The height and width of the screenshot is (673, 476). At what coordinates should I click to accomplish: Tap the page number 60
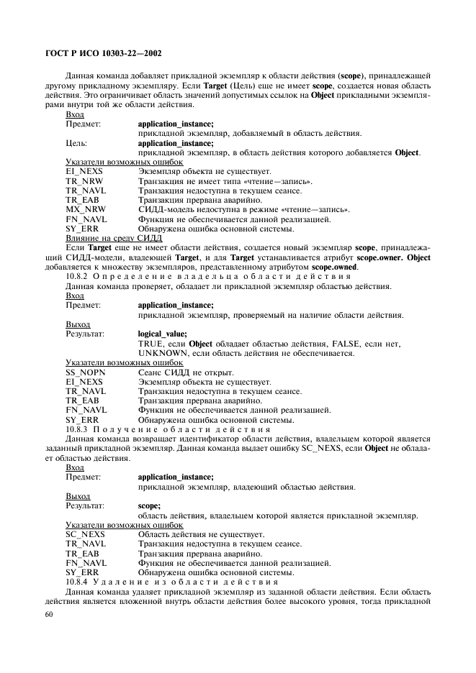click(48, 615)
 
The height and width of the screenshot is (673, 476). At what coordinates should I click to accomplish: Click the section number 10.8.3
click(78, 429)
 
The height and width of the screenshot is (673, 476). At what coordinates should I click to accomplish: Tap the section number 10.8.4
click(78, 581)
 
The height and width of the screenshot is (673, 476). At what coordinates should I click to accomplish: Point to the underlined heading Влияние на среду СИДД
click(114, 237)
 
